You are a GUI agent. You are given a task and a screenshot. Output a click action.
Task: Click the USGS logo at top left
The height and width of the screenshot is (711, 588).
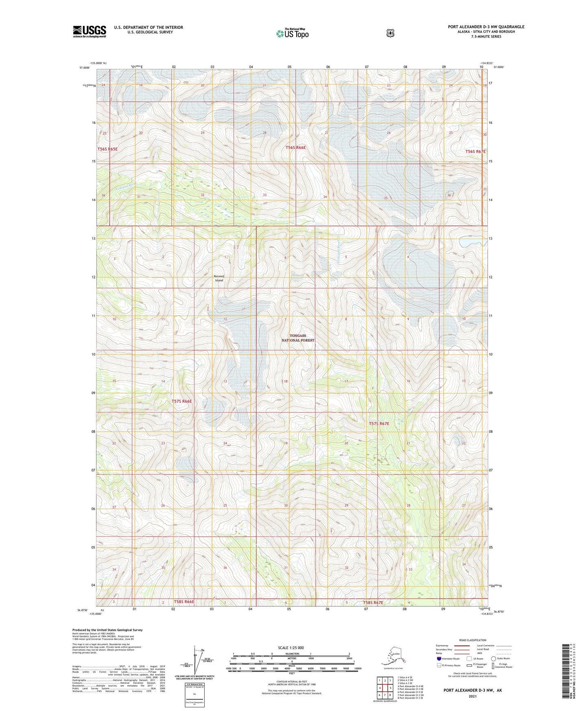[90, 31]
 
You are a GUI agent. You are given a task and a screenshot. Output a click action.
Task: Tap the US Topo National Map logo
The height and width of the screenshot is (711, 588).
[292, 33]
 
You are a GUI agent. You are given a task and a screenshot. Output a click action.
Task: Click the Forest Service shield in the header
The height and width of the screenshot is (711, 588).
[390, 33]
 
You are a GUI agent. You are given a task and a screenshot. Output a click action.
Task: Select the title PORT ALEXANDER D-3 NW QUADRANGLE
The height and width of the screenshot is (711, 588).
[486, 27]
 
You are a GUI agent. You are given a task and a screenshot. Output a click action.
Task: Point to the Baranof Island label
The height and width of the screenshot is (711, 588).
[219, 278]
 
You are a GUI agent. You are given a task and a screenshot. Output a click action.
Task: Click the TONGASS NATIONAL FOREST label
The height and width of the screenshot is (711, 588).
[298, 338]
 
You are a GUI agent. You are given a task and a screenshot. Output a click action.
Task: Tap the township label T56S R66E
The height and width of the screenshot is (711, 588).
[295, 148]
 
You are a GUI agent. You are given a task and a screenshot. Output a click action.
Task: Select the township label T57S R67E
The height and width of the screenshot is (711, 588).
[379, 424]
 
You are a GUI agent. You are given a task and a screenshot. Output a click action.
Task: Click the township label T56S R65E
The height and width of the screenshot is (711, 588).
[107, 149]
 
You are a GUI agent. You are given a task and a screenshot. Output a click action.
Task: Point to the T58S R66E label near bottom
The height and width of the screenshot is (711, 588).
[184, 601]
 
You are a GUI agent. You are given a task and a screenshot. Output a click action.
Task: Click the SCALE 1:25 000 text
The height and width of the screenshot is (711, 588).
[291, 647]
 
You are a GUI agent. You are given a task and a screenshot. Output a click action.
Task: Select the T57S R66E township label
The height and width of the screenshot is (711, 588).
[181, 401]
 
